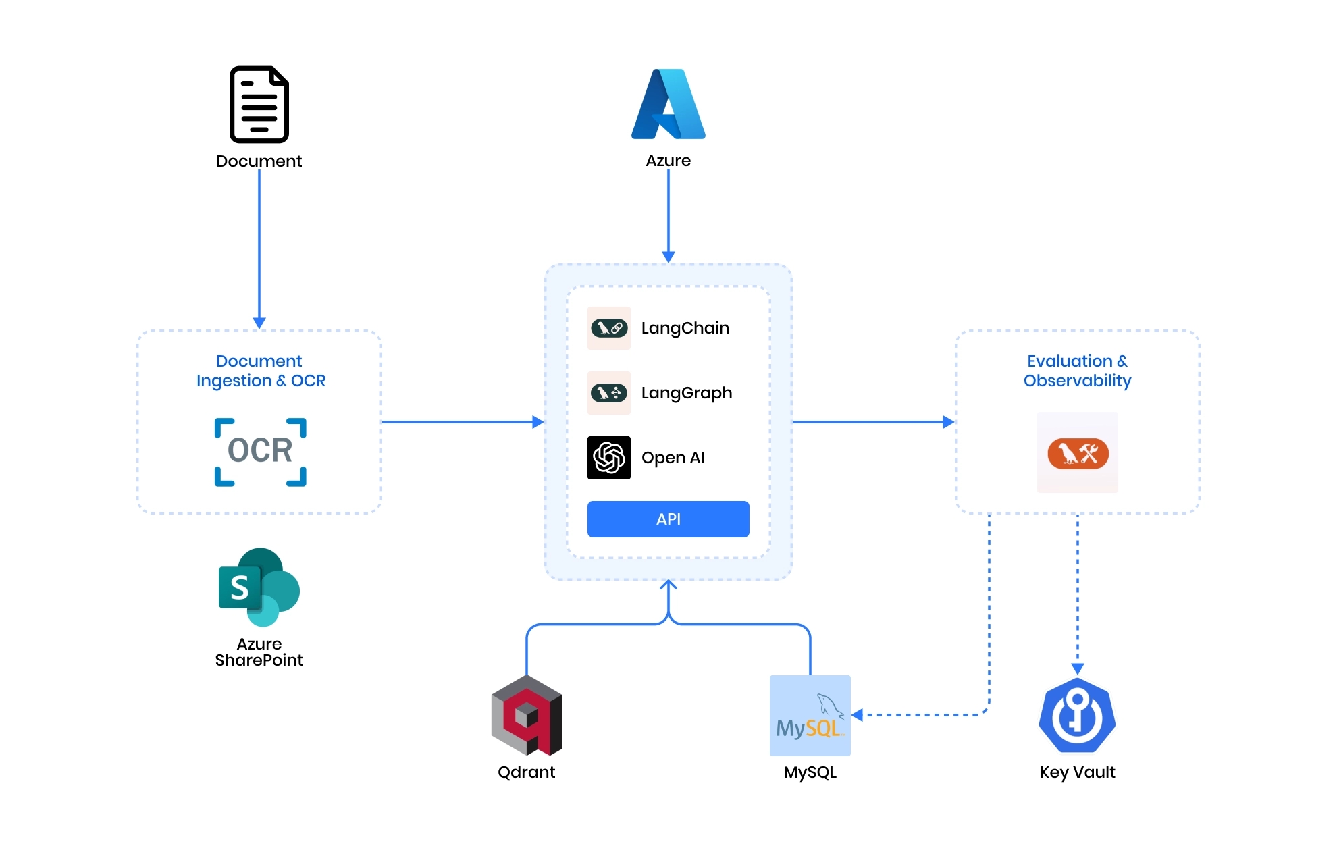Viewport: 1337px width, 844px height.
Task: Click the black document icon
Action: (259, 105)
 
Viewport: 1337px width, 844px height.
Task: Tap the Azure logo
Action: (668, 105)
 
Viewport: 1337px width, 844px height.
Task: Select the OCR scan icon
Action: (261, 452)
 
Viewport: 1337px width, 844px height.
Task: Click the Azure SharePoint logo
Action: (259, 587)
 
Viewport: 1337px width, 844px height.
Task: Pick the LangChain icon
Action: (609, 328)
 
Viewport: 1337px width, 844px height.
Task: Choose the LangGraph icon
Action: (609, 393)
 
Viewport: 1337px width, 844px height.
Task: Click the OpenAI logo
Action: (609, 458)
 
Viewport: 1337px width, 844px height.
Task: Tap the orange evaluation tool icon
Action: (1078, 453)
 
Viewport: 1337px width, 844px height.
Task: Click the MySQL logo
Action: (810, 716)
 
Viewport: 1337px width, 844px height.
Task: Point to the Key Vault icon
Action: (1078, 716)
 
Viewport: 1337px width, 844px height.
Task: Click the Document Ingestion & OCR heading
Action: (261, 371)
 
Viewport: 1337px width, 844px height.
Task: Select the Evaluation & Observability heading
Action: (1078, 371)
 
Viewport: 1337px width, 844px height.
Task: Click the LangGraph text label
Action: (687, 393)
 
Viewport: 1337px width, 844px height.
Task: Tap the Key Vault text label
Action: (1078, 772)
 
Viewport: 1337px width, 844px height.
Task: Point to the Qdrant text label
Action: (527, 772)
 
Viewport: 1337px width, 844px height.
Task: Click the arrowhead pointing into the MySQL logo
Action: (858, 715)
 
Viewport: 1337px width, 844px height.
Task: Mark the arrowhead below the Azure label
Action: (668, 257)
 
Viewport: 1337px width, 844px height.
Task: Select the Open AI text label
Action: (673, 458)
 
